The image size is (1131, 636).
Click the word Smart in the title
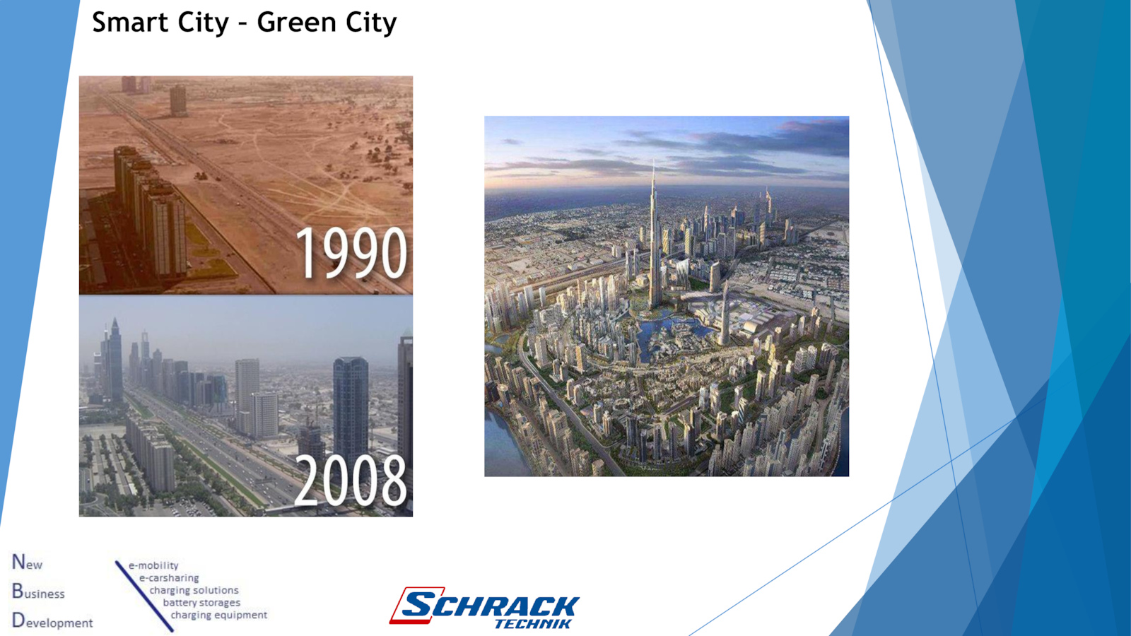[x=131, y=22]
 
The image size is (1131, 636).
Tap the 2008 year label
[x=351, y=480]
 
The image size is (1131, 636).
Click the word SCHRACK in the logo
[x=491, y=605]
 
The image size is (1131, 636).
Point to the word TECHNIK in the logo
[x=534, y=624]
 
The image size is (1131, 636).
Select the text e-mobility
[x=153, y=565]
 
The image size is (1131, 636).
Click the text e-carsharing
[x=169, y=578]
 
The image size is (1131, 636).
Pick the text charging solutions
[x=194, y=590]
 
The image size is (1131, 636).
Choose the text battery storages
[x=201, y=603]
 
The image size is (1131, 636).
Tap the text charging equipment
[x=218, y=615]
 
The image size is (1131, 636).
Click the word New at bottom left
[x=28, y=563]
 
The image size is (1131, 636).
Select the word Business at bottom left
[x=38, y=591]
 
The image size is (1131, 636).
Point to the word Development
[x=52, y=621]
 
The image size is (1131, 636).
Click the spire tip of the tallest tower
[x=653, y=160]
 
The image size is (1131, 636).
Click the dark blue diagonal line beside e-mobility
[x=144, y=596]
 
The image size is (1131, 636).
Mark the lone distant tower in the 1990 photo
[x=177, y=100]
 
